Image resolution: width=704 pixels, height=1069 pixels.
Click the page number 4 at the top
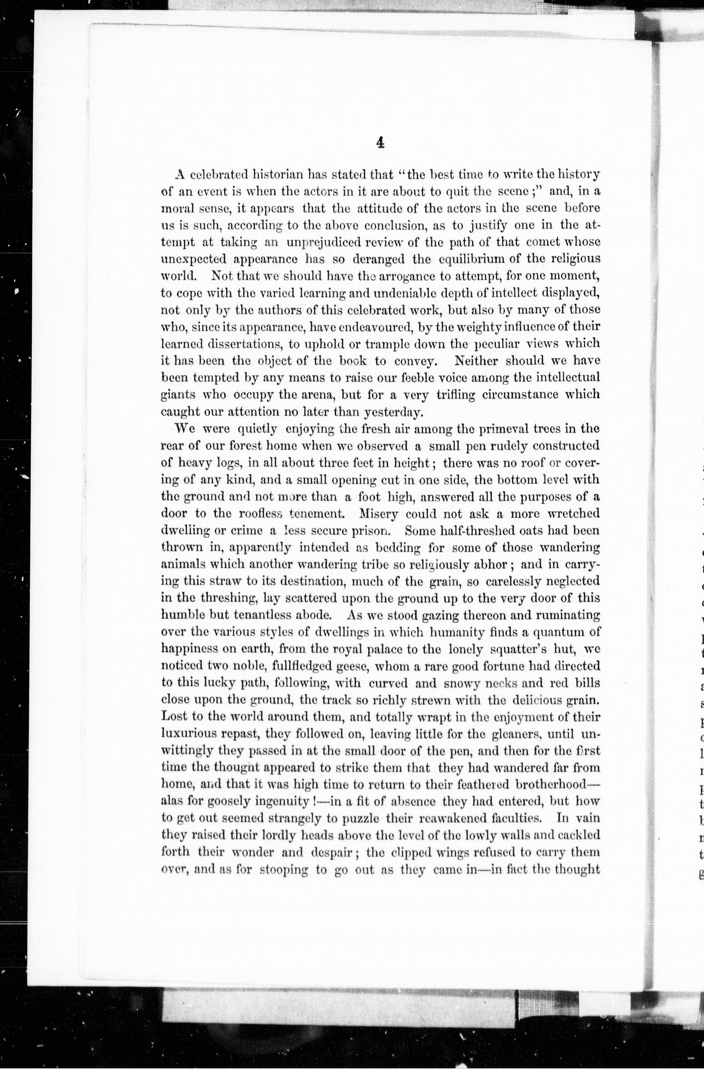click(x=380, y=143)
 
